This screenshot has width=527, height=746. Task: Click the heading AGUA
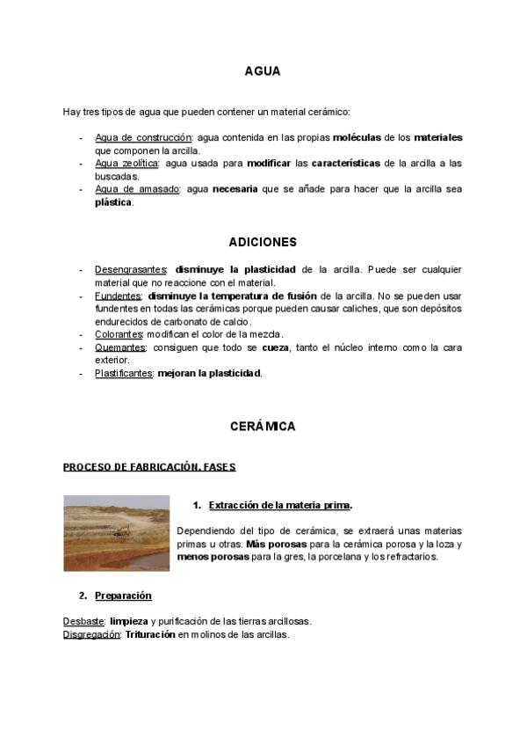pyautogui.click(x=263, y=72)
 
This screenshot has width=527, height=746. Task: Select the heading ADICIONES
pyautogui.click(x=263, y=242)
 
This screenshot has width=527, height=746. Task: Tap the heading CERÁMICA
pyautogui.click(x=263, y=427)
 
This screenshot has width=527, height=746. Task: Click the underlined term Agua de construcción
pyautogui.click(x=143, y=138)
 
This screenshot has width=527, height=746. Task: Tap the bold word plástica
pyautogui.click(x=113, y=202)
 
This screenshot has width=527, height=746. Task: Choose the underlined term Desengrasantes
pyautogui.click(x=131, y=269)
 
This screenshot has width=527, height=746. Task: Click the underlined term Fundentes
pyautogui.click(x=118, y=296)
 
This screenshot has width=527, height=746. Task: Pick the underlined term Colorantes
pyautogui.click(x=119, y=334)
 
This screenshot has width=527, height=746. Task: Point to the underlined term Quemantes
pyautogui.click(x=120, y=347)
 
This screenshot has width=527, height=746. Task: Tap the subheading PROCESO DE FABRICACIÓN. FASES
pyautogui.click(x=149, y=467)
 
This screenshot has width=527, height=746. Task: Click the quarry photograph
pyautogui.click(x=116, y=532)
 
